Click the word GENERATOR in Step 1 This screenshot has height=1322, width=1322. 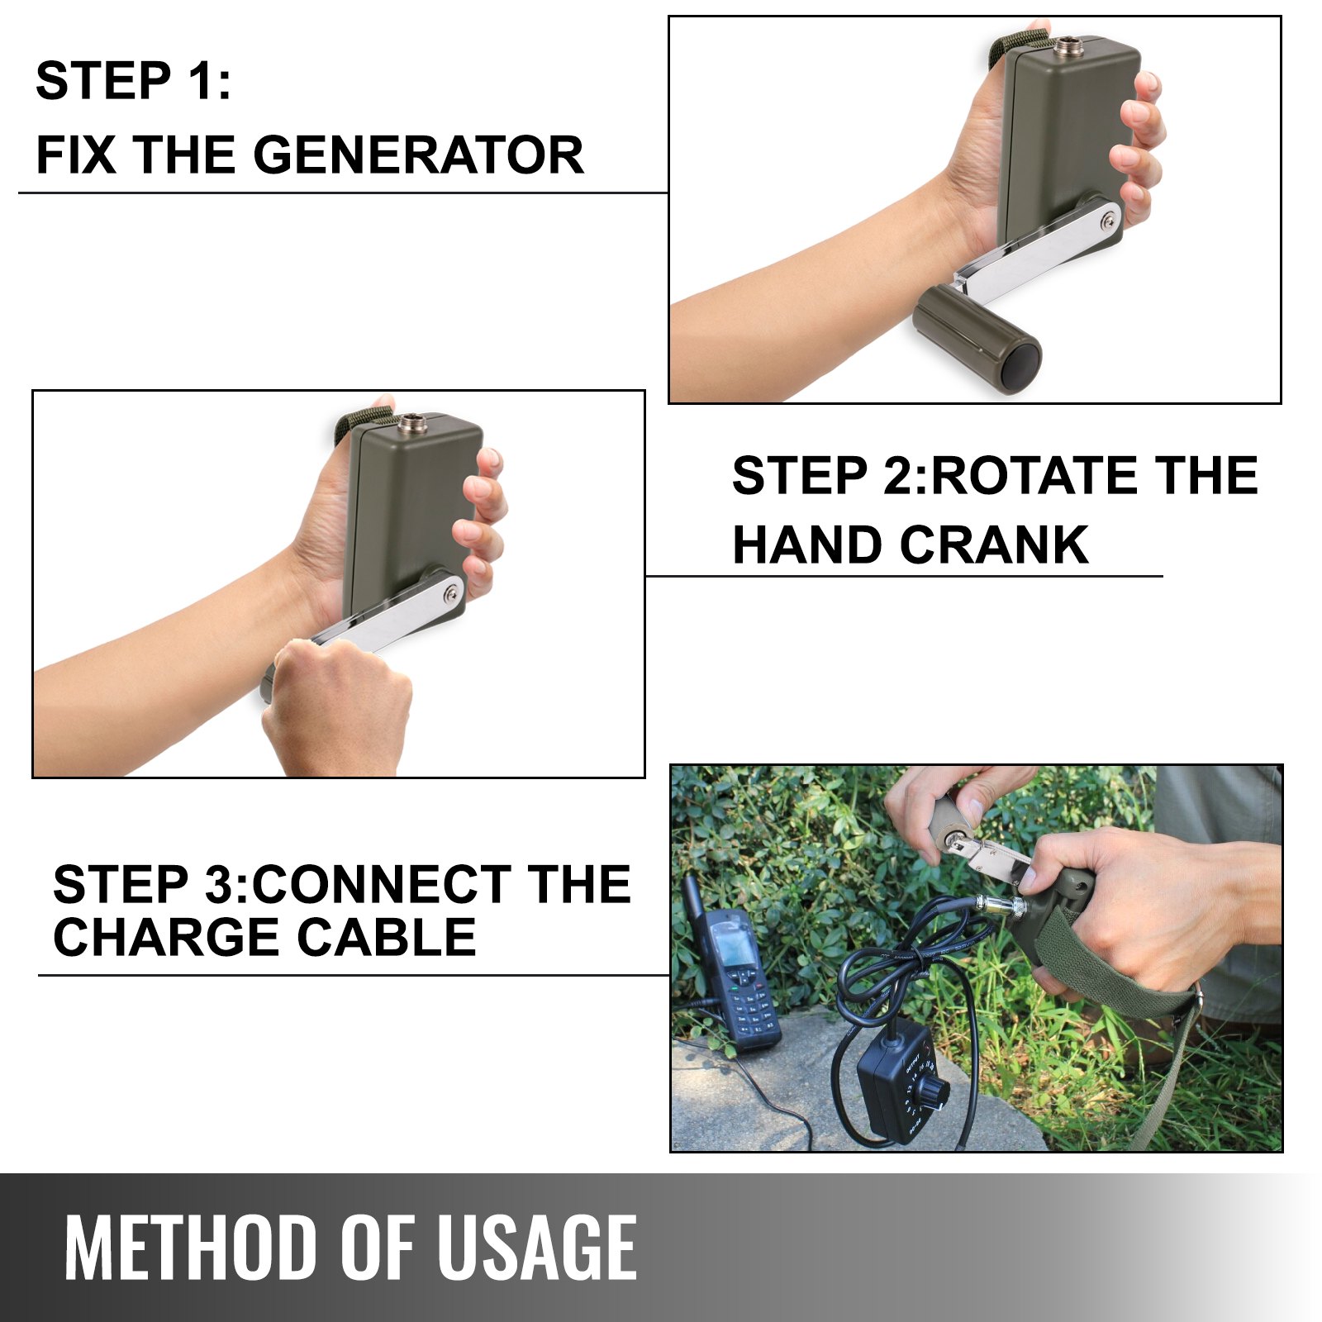418,155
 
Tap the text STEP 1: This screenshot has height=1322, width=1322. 133,82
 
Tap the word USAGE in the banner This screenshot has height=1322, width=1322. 536,1248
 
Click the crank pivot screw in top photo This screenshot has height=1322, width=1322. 1109,220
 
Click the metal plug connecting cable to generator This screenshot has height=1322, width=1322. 1000,905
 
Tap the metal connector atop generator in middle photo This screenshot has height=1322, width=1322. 409,426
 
